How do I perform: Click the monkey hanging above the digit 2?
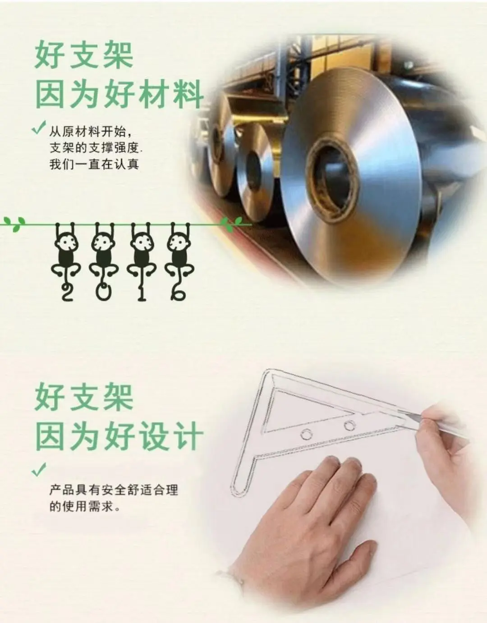(x=66, y=252)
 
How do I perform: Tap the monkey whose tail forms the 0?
(x=103, y=252)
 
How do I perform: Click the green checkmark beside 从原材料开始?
(x=39, y=128)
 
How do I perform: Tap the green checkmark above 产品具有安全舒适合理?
(x=39, y=470)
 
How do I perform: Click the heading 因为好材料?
(x=119, y=94)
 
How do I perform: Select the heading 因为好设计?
(x=119, y=436)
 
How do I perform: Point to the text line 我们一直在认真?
(x=94, y=165)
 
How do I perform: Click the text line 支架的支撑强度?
(x=94, y=148)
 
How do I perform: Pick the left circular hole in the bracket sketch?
(x=306, y=435)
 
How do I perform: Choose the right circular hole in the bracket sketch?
(x=350, y=426)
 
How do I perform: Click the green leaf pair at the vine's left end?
(x=14, y=224)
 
